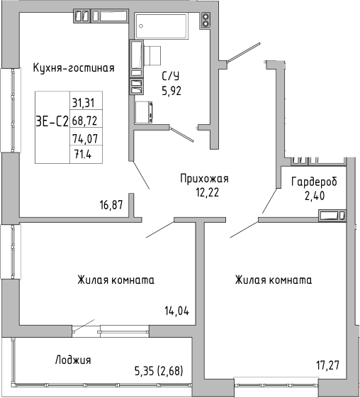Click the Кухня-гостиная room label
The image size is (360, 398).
(74, 68)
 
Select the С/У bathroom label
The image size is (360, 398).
(171, 77)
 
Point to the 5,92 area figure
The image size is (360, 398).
(171, 90)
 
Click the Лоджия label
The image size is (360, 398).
(73, 360)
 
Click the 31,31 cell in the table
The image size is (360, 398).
(84, 101)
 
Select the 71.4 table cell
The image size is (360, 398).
(84, 153)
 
